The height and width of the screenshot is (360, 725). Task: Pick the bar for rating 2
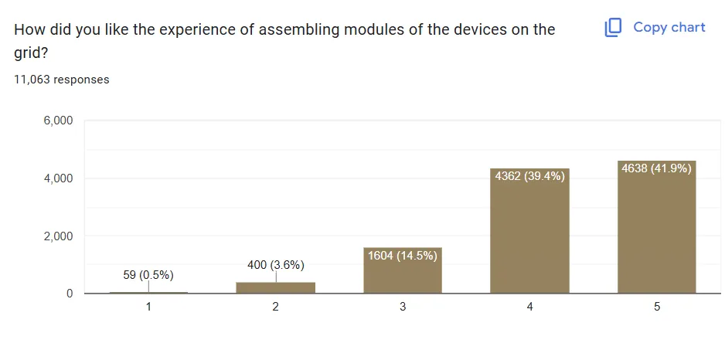tap(276, 287)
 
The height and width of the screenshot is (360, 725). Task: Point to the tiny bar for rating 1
tap(148, 292)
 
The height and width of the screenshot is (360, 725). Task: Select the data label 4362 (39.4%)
tap(529, 176)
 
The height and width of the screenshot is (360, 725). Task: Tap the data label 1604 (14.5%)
tap(402, 256)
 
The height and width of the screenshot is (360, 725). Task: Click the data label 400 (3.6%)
tap(276, 265)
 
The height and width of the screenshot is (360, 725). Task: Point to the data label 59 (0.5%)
tap(148, 274)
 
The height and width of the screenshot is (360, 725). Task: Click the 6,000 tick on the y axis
tap(57, 121)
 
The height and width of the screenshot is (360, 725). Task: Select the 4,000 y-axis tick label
tap(57, 178)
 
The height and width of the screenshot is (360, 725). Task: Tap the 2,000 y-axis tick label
tap(57, 236)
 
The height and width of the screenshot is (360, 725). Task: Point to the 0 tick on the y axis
tap(69, 294)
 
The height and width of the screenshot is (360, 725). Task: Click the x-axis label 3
tap(403, 307)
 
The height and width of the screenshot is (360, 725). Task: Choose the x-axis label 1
tap(148, 307)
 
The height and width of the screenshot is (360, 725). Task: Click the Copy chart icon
tap(613, 28)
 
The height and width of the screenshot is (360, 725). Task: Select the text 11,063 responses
tap(62, 80)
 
